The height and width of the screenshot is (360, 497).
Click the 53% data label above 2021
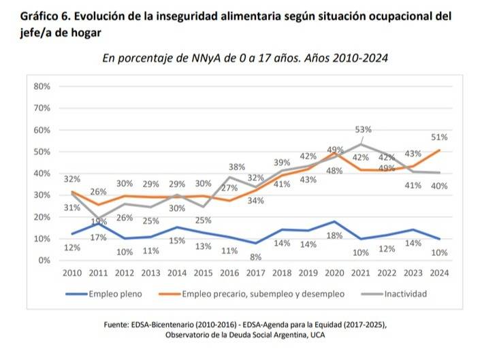(363, 129)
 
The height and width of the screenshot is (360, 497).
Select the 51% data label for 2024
(439, 137)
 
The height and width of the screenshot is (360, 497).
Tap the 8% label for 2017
(255, 257)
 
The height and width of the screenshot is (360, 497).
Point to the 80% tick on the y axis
(42, 86)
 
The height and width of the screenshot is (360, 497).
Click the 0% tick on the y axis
(44, 260)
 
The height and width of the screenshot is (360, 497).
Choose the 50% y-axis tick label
(42, 152)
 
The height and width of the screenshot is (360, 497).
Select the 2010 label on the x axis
(73, 272)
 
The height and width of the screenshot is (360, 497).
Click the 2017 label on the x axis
(255, 272)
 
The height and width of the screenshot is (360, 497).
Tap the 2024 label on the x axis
(439, 272)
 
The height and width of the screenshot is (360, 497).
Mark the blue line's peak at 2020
(334, 221)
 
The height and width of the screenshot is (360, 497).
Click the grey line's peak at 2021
(361, 144)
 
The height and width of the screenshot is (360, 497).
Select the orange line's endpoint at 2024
(439, 150)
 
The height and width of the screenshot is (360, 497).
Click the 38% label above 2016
(236, 167)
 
